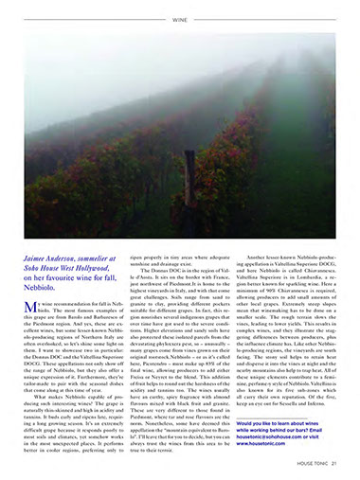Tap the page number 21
[336, 463]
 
